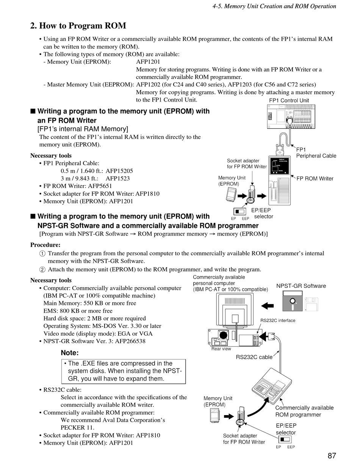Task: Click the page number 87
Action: [332, 456]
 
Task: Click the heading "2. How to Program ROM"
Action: [78, 26]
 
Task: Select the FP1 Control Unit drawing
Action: [289, 116]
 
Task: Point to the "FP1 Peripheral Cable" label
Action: [316, 153]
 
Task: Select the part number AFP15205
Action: [119, 171]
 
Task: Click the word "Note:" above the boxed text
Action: [70, 353]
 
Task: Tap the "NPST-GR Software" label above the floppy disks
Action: [301, 286]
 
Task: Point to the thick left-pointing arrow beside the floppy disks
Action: [268, 305]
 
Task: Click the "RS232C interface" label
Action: [278, 320]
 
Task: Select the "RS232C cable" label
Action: [254, 357]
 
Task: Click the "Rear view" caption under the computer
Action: [221, 349]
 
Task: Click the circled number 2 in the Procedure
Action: [42, 270]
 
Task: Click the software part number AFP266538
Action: [128, 341]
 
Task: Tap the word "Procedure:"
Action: [45, 245]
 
